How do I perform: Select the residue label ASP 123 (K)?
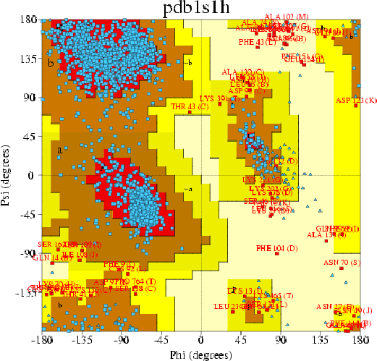pos(355,100)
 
